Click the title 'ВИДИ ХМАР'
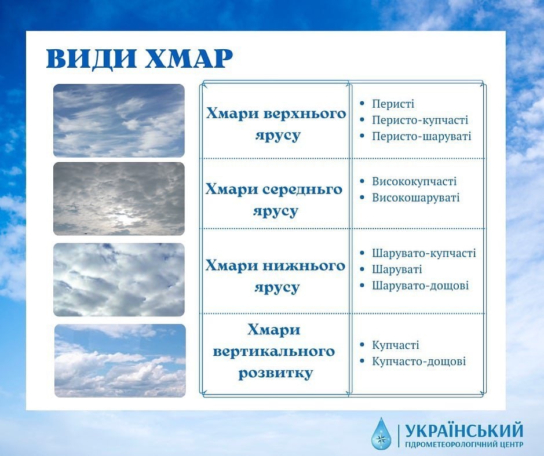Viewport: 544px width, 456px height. pos(139,59)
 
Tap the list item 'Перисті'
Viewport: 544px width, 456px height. pos(393,104)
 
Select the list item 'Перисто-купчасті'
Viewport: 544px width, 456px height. pos(420,120)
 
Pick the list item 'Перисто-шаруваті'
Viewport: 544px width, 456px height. pos(422,136)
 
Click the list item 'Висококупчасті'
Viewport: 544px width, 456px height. pos(414,181)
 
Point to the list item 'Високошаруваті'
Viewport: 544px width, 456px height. pos(415,198)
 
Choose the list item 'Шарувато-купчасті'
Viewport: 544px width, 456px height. pos(424,253)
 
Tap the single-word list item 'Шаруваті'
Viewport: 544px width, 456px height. pos(397,269)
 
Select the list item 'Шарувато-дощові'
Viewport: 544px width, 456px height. pos(420,286)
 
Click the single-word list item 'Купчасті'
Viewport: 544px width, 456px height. pos(396,345)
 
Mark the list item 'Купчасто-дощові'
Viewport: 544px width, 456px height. pos(419,361)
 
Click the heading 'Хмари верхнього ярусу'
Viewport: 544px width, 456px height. pos(276,124)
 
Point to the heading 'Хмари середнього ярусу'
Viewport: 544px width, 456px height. pos(274,200)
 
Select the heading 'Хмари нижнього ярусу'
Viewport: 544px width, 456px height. pos(275,276)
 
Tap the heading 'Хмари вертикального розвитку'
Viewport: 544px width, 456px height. pos(274,351)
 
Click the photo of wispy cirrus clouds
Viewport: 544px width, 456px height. pos(119,121)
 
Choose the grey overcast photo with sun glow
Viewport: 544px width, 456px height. pos(119,199)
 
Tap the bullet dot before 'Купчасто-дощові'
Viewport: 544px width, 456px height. pos(363,361)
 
